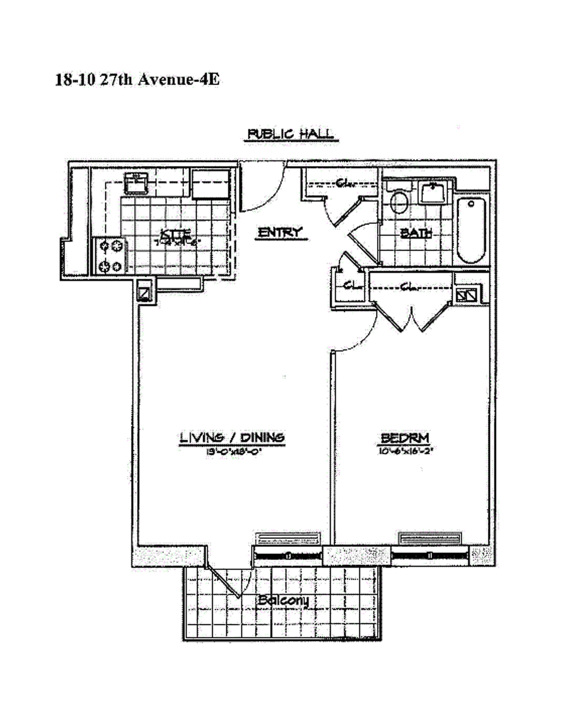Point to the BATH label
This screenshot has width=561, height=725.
coord(416,233)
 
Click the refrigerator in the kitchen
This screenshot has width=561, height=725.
coord(211,184)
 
